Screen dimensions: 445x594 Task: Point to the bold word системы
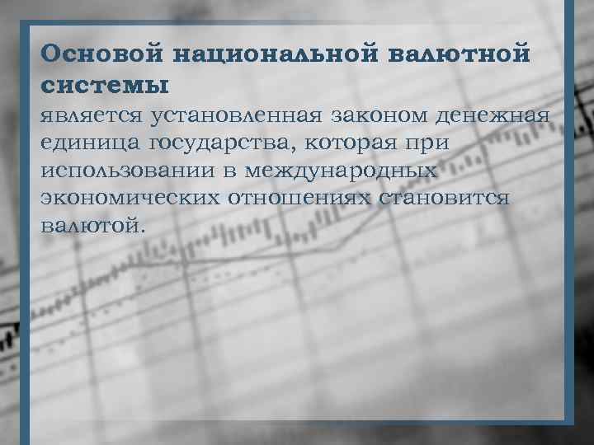(x=103, y=85)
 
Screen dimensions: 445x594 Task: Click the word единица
(x=88, y=143)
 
